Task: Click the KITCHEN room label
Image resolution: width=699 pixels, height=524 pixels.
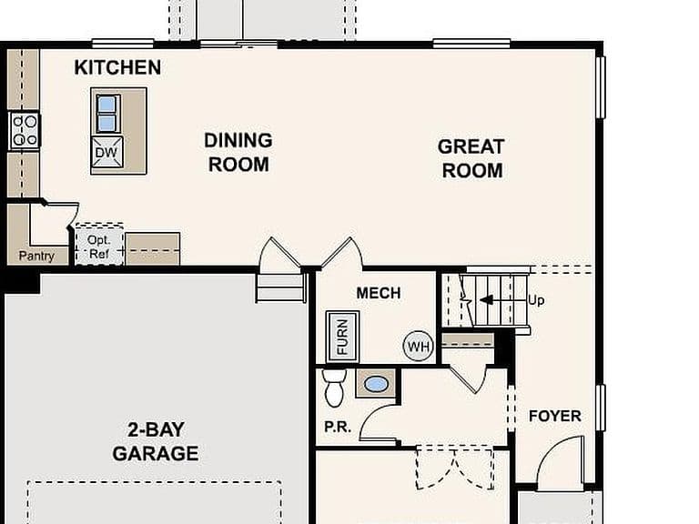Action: click(117, 67)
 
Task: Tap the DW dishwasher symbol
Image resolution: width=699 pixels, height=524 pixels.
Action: click(106, 152)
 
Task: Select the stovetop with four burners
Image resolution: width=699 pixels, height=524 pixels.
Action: click(25, 130)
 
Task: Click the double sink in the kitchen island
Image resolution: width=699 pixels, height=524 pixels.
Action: click(108, 113)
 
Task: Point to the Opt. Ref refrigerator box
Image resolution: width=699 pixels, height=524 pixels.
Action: click(99, 246)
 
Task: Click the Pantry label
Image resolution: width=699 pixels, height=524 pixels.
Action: click(36, 256)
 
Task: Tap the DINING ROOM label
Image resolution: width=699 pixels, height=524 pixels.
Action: click(238, 153)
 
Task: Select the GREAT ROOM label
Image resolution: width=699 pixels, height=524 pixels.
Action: click(471, 158)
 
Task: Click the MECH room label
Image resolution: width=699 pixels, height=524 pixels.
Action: click(379, 293)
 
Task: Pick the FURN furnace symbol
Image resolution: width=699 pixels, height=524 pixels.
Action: click(342, 337)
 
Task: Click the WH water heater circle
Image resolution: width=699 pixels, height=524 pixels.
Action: click(418, 346)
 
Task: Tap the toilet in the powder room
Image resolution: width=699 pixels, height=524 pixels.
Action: click(334, 388)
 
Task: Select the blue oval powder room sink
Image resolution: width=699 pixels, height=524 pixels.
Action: click(376, 384)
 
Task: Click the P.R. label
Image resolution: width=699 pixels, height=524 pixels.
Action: click(338, 427)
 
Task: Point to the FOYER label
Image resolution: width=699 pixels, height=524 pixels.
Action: click(555, 416)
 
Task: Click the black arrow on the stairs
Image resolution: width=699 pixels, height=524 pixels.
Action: click(486, 299)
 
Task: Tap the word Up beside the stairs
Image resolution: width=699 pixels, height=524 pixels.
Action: click(536, 300)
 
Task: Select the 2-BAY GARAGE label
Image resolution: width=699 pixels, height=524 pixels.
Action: click(155, 441)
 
